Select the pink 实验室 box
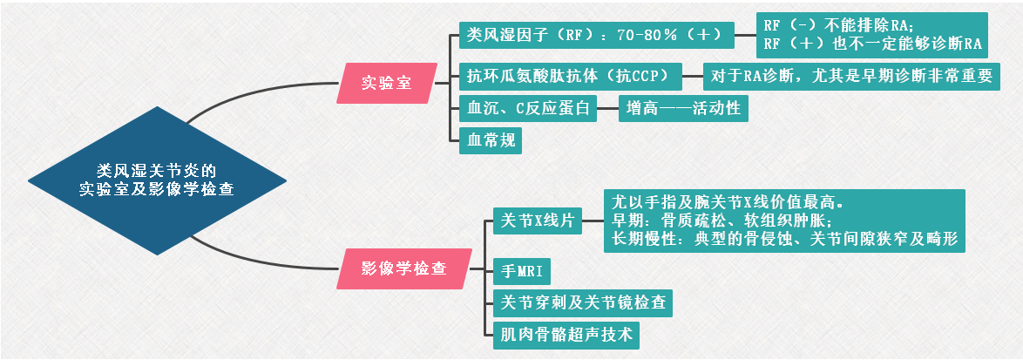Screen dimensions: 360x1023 pyautogui.click(x=386, y=83)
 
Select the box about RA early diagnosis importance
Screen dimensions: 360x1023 pyautogui.click(x=851, y=76)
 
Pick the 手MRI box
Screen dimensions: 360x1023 pyautogui.click(x=522, y=271)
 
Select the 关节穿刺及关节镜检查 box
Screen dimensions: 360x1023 pyautogui.click(x=579, y=302)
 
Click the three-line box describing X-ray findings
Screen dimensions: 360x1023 pyautogui.click(x=784, y=221)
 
